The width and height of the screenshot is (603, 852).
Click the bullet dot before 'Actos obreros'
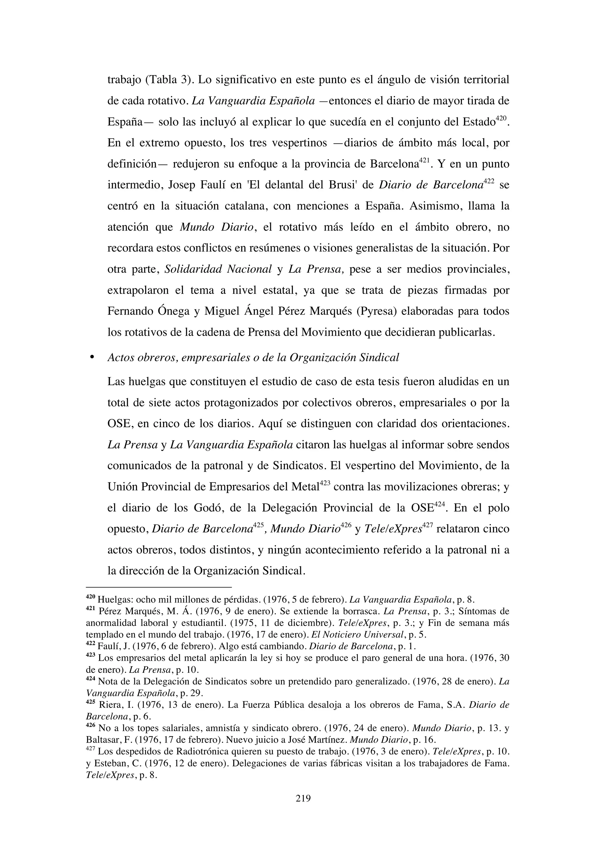[91, 357]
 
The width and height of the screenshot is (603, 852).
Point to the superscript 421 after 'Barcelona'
[424, 160]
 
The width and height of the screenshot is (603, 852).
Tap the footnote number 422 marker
[91, 646]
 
